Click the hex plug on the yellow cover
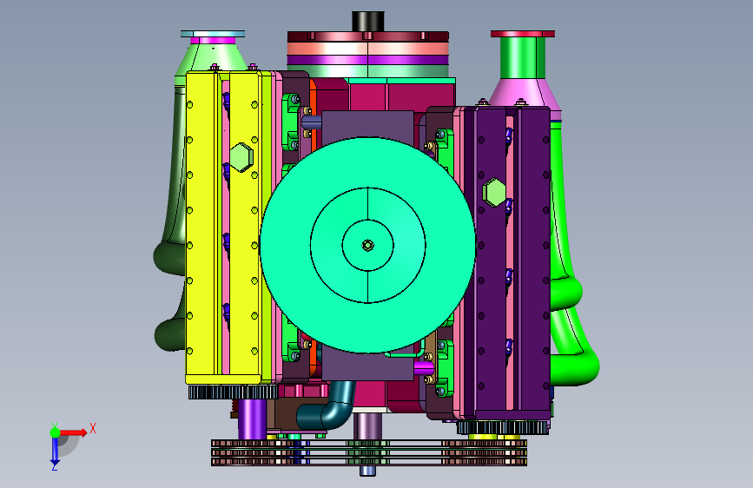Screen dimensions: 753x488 [x=241, y=156]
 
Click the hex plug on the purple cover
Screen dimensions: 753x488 [x=494, y=192]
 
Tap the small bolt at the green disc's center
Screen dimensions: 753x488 [x=368, y=246]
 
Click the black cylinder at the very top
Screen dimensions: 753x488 [x=368, y=21]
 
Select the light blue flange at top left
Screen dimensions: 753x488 [x=213, y=34]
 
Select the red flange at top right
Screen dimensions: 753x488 [x=523, y=34]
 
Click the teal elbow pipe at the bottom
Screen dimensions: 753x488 [x=326, y=407]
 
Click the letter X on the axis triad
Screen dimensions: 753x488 [x=93, y=428]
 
